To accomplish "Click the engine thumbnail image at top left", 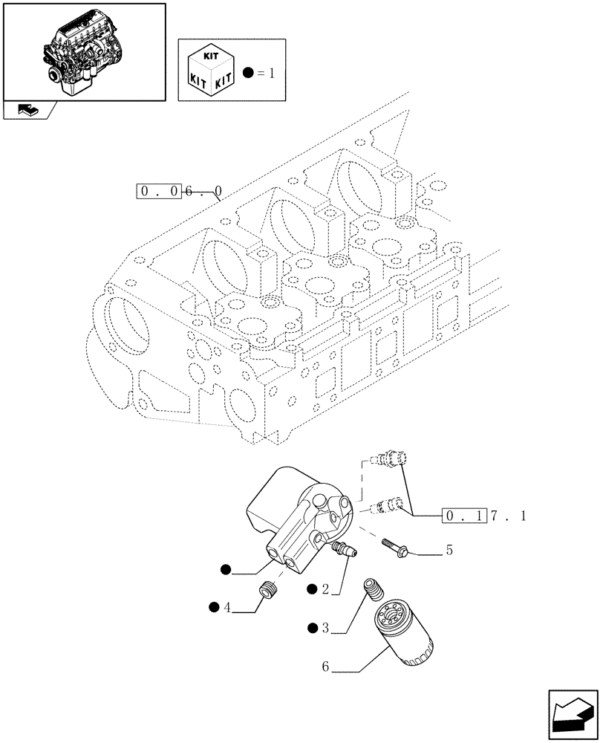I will [83, 51].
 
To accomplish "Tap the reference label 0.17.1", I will [483, 516].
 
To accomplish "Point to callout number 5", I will [449, 551].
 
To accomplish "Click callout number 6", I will [325, 667].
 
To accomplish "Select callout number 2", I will [325, 589].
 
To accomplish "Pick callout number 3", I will [325, 629].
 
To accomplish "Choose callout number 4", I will [227, 608].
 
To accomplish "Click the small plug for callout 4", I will [265, 591].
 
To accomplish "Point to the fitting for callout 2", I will [343, 550].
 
